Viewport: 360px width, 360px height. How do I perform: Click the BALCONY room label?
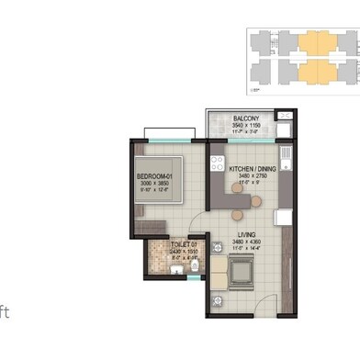click(x=245, y=118)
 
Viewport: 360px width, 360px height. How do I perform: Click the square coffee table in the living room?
click(x=244, y=272)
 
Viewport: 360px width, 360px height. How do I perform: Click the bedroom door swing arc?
click(x=184, y=225)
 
